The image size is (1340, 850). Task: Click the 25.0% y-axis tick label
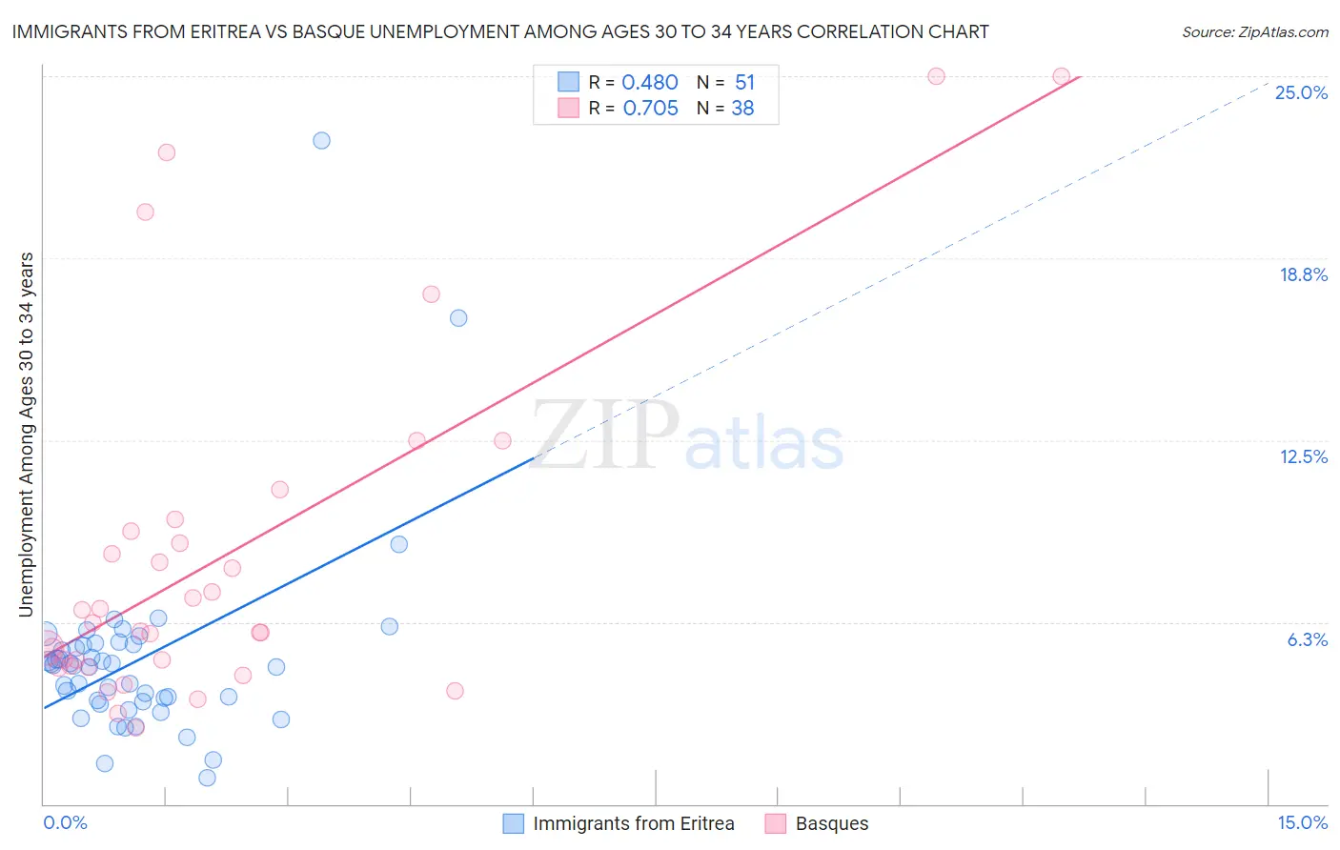coord(1301,92)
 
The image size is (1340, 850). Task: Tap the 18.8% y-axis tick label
coord(1303,274)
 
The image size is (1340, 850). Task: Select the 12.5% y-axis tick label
coord(1303,456)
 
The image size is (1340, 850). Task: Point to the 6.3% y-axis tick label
coord(1307,639)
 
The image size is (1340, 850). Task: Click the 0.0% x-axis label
coord(65,822)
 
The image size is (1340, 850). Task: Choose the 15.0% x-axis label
coord(1302,822)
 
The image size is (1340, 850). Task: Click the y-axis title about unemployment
coord(26,435)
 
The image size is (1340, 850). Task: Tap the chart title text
coord(500,31)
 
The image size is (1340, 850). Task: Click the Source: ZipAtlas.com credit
coord(1254,31)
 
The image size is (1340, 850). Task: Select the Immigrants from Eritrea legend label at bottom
coord(633,823)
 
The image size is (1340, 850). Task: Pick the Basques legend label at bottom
coord(831,823)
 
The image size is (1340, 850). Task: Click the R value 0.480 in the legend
coord(649,83)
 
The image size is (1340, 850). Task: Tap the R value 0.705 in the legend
coord(650,109)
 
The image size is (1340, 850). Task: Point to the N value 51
coord(744,83)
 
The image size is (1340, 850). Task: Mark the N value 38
coord(742,109)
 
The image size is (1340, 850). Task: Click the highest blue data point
coord(321,140)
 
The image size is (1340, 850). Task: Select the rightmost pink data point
coord(1061,76)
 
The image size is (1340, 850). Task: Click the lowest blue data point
coord(207,778)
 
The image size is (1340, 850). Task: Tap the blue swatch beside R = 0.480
coord(568,82)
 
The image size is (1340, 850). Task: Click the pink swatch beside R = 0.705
coord(568,108)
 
